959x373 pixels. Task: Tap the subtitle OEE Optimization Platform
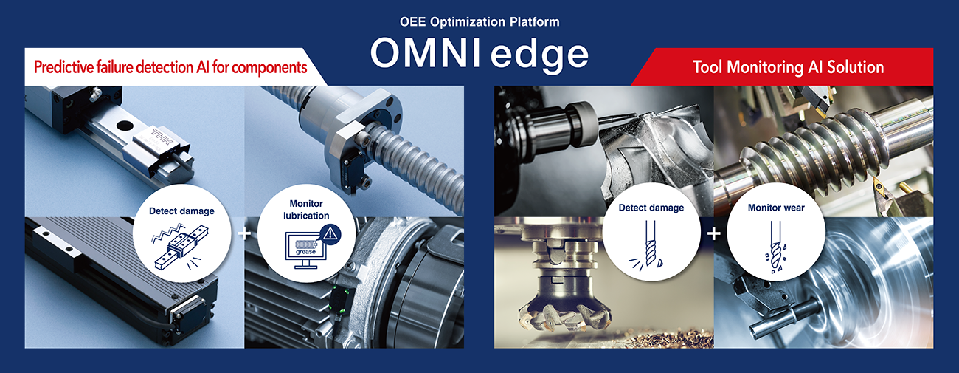tap(479, 21)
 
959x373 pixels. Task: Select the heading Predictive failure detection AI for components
tap(170, 67)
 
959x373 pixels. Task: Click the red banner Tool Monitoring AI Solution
tap(788, 67)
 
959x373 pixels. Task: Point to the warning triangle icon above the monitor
tap(330, 235)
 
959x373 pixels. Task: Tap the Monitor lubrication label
tap(306, 209)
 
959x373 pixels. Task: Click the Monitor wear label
tap(775, 208)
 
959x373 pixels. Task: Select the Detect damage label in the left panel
tap(181, 211)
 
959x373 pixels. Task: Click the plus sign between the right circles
tap(713, 234)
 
